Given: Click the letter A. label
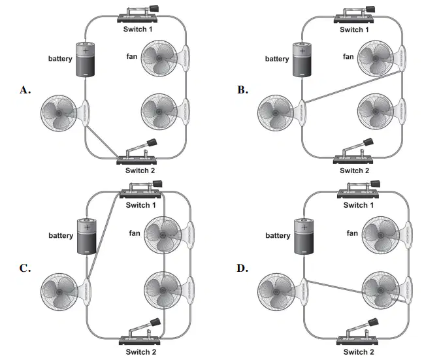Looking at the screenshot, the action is [x=25, y=90].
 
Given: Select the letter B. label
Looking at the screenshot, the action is [x=242, y=90].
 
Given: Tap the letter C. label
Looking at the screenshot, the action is [x=25, y=268].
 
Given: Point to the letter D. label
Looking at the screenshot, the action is [x=242, y=268].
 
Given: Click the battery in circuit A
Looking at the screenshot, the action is [x=86, y=59].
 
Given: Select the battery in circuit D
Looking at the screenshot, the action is [x=304, y=237].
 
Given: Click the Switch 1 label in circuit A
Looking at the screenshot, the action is [x=138, y=29].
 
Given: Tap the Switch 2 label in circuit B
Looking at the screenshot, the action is [x=354, y=171].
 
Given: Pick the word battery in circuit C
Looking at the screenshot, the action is [x=61, y=235].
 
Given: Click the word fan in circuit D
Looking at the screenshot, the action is [x=352, y=233].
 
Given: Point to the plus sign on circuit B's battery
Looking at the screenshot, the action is [x=302, y=51].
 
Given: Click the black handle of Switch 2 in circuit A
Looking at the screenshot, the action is [x=152, y=142].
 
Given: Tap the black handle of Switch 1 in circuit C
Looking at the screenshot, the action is [x=157, y=184].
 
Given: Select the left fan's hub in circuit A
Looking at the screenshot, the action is [x=59, y=113].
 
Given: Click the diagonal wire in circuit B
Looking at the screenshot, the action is [x=353, y=87].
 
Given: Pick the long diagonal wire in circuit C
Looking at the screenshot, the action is [x=104, y=236].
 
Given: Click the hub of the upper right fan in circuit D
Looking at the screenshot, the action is [x=380, y=235].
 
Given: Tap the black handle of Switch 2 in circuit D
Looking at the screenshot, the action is [x=373, y=322].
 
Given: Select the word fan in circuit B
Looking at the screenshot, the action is [x=348, y=57].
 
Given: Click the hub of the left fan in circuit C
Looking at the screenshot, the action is [x=59, y=292].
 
